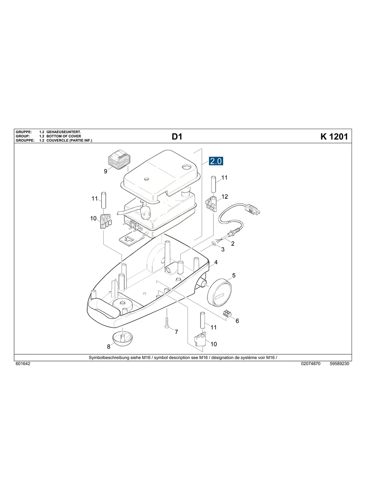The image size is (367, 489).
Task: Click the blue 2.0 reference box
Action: click(x=216, y=161)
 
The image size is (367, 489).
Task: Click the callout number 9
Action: click(x=105, y=172)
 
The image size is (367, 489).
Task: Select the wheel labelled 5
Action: click(x=219, y=291)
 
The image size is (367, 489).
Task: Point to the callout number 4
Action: click(x=216, y=262)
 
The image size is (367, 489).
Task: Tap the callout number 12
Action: click(x=225, y=197)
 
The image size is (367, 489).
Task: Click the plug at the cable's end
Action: click(x=254, y=209)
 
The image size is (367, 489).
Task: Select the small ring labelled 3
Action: click(x=213, y=244)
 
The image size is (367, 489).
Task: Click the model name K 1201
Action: click(x=334, y=137)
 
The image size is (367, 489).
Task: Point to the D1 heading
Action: click(x=177, y=137)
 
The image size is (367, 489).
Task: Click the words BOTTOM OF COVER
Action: click(x=64, y=136)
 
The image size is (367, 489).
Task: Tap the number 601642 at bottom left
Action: click(x=23, y=364)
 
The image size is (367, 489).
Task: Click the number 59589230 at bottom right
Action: click(x=339, y=364)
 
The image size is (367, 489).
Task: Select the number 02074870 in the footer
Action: click(x=311, y=364)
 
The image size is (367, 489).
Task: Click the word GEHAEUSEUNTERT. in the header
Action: click(x=64, y=132)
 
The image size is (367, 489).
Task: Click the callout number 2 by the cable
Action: click(x=233, y=244)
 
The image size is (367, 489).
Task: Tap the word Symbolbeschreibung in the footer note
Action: click(x=107, y=358)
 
